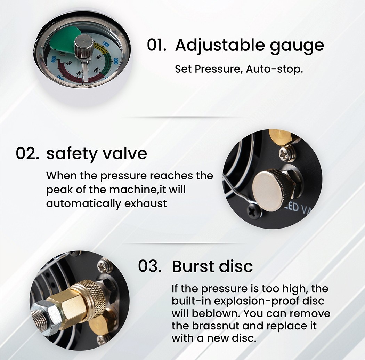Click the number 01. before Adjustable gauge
pos(156,45)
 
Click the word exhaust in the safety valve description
pos(146,203)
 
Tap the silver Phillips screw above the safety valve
pos(287,154)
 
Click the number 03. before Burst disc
pos(150,266)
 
